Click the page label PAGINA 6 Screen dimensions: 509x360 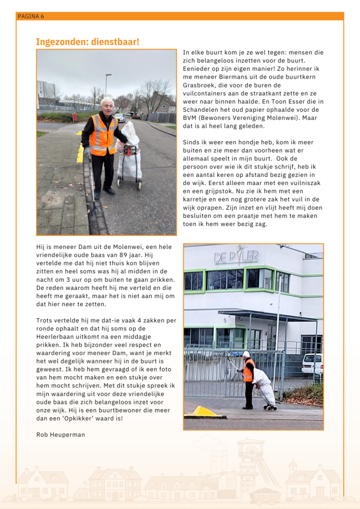click(31, 16)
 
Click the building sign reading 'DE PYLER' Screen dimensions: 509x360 click(236, 257)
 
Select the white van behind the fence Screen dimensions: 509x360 click(312, 364)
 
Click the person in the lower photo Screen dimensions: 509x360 click(248, 379)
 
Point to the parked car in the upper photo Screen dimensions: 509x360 click(120, 118)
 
